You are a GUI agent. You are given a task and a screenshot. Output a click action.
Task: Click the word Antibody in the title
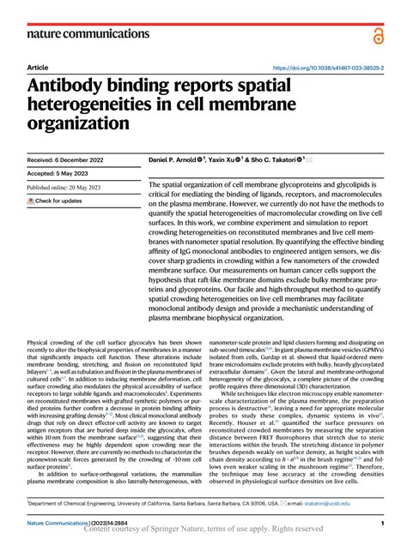tap(74, 86)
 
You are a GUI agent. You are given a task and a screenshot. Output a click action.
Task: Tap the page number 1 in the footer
tap(381, 523)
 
